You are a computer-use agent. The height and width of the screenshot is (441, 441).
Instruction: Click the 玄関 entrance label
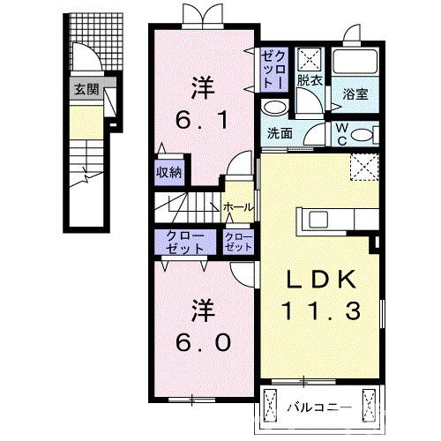86,89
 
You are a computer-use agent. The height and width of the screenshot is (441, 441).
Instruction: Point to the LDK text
322,280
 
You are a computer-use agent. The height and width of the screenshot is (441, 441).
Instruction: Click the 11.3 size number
322,310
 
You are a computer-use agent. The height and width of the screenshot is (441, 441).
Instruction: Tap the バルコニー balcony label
319,408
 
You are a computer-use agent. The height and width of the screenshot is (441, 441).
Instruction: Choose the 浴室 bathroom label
355,93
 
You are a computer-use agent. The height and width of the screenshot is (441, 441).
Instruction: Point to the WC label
342,131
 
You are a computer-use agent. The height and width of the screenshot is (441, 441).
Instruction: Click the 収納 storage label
169,172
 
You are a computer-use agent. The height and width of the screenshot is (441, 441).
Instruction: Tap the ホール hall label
239,206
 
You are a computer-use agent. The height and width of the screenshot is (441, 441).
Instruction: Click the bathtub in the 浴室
355,63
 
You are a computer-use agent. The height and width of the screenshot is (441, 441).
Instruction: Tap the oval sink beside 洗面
275,108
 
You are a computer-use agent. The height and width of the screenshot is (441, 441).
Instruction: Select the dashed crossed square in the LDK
361,166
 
